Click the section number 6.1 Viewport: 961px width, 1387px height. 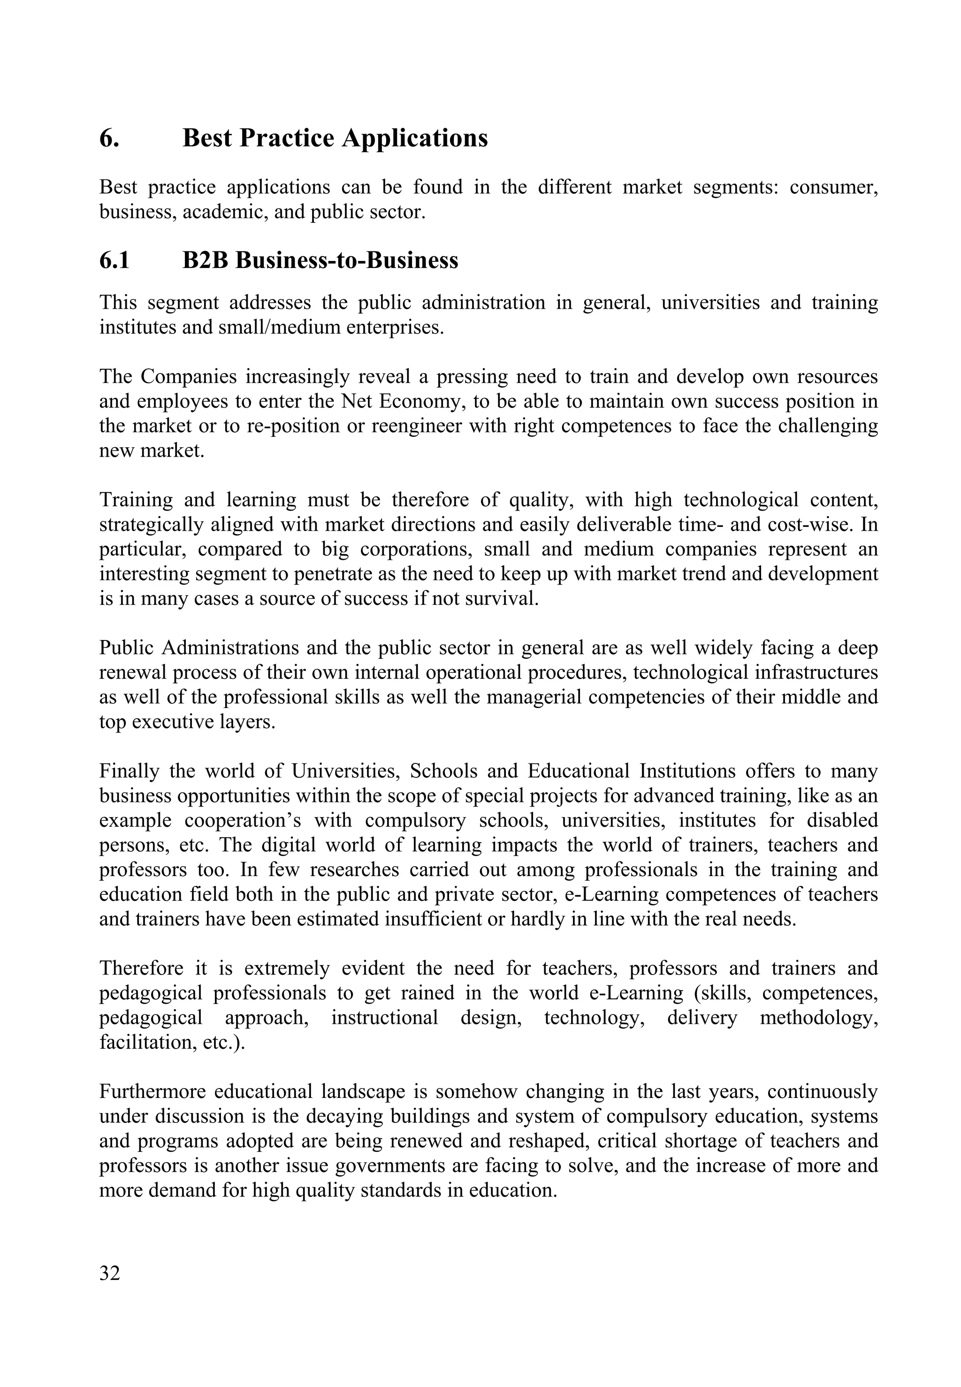[114, 261]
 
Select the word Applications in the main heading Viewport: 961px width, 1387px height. [415, 138]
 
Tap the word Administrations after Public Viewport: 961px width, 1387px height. [230, 648]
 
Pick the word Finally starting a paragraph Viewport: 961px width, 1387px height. [130, 771]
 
